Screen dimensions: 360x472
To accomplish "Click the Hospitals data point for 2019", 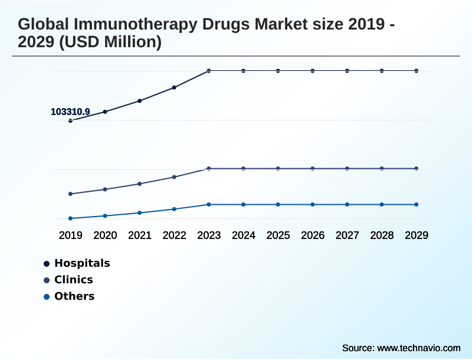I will tap(71, 120).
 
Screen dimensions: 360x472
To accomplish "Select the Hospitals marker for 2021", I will tap(140, 101).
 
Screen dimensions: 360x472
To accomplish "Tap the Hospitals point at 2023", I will tap(209, 71).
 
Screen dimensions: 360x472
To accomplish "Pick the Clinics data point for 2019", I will tap(71, 194).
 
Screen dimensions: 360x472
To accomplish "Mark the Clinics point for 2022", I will tap(174, 177).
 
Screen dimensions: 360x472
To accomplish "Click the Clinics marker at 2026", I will tap(313, 169).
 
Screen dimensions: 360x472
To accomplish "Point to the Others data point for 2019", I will tap(71, 218).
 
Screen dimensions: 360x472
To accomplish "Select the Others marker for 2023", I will tap(209, 204).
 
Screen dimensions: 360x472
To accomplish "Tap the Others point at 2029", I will tap(417, 204).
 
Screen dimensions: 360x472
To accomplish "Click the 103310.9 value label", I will tap(70, 112).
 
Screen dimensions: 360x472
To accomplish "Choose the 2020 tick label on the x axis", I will tap(106, 235).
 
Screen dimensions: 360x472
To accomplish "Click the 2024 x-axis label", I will tap(244, 235).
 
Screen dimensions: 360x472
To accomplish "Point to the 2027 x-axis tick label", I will tap(348, 235).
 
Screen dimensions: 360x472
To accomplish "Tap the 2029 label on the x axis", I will tap(417, 235).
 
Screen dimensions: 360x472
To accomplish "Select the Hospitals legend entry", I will tap(82, 263).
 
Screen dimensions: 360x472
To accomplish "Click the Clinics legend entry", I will tap(73, 280).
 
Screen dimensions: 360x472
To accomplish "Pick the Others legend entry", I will tap(74, 296).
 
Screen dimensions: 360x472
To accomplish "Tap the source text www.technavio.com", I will tap(419, 348).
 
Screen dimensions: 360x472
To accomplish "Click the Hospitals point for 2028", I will tap(382, 71).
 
